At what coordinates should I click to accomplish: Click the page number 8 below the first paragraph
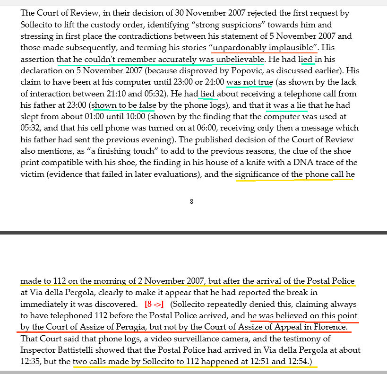coord(191,201)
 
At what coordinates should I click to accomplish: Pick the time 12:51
coord(264,362)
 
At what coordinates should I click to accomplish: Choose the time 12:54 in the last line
coord(299,362)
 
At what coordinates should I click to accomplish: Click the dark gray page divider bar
coord(193,233)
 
